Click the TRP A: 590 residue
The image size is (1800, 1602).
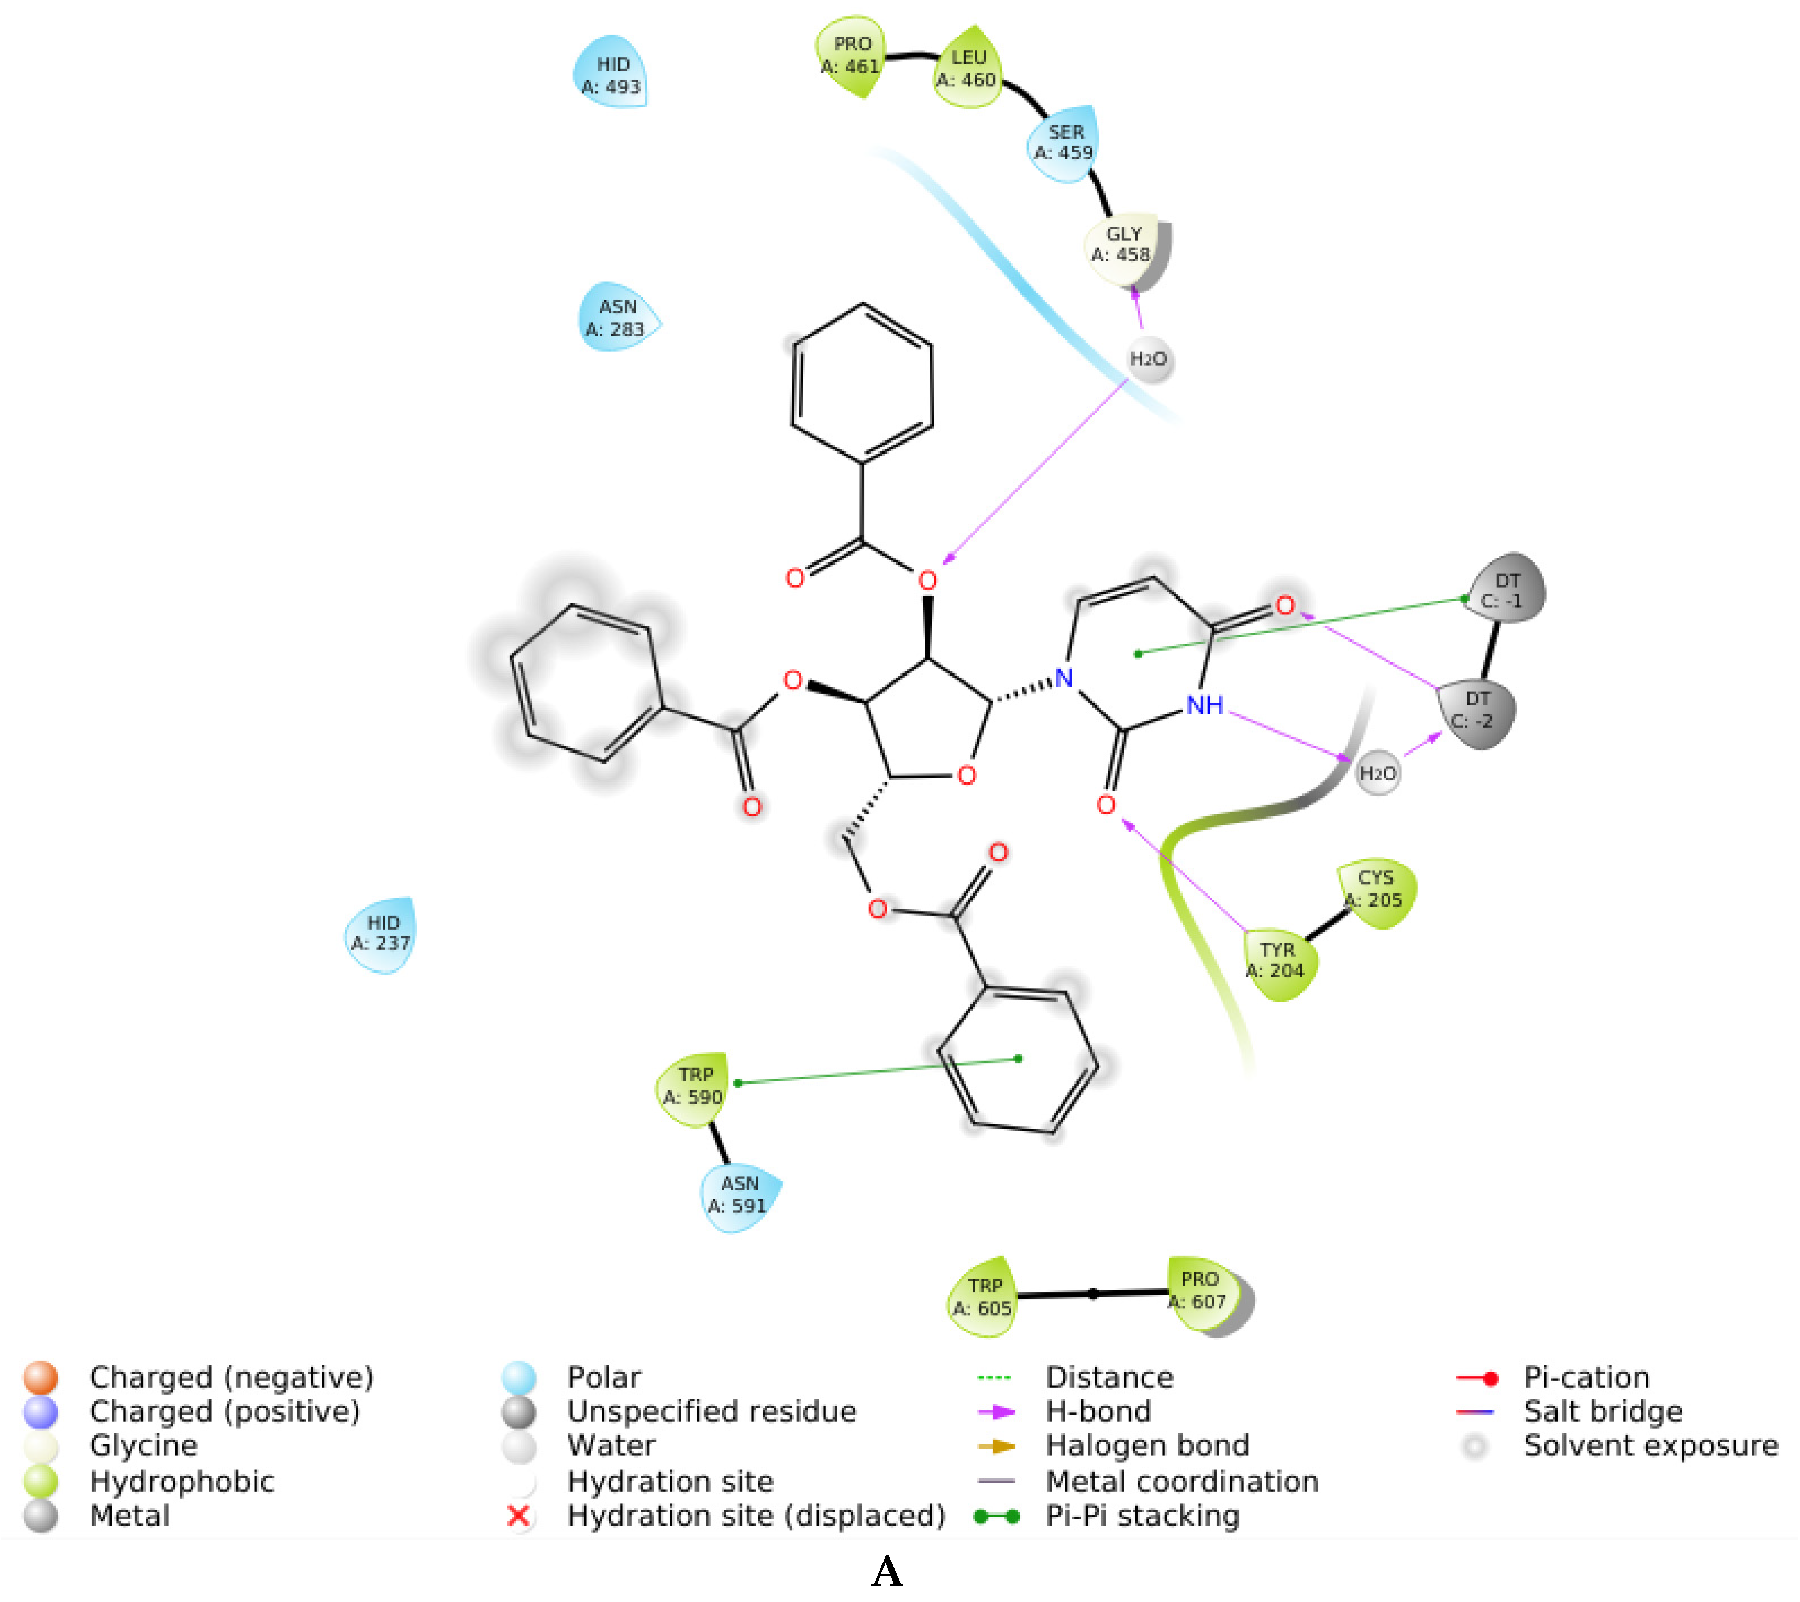click(x=694, y=1086)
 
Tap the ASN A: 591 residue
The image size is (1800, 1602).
click(x=739, y=1195)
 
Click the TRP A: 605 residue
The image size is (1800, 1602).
click(x=983, y=1297)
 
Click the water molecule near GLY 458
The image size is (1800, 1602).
click(x=1149, y=359)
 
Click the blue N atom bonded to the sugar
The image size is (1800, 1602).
click(x=1064, y=678)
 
